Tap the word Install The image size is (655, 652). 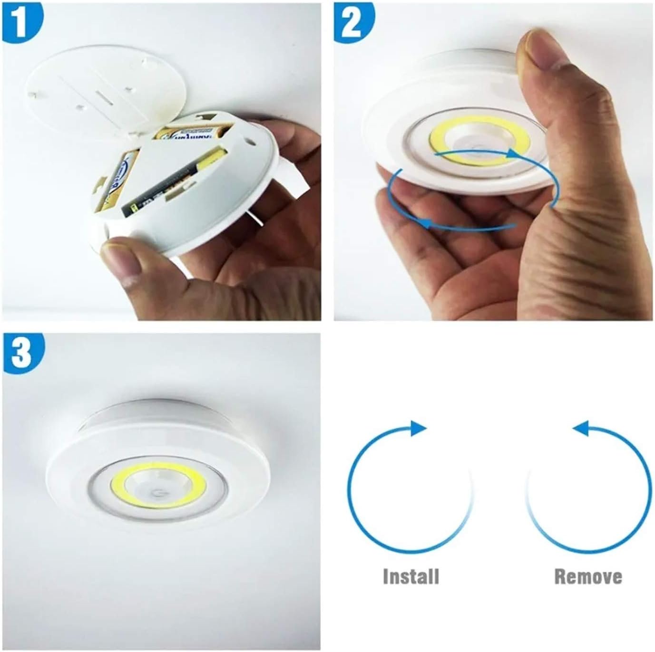coord(411,576)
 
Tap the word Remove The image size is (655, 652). coord(588,576)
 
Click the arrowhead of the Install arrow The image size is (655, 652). coord(418,428)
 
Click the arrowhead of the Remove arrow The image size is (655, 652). coord(581,428)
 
